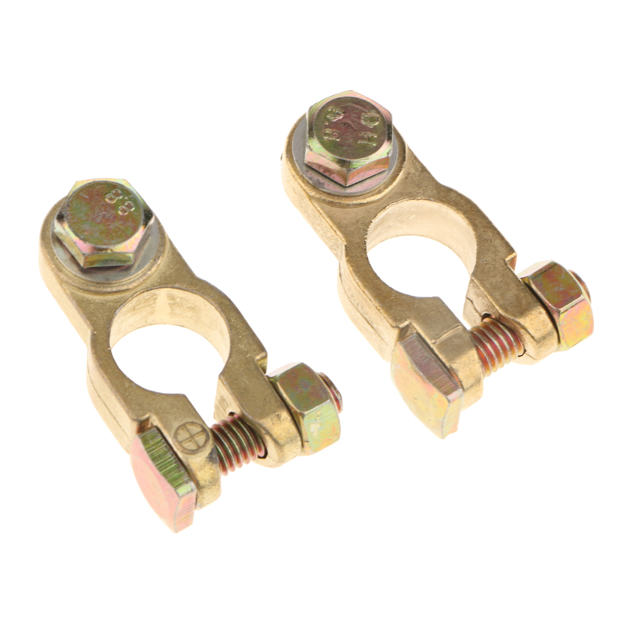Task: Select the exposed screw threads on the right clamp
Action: coord(496,344)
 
